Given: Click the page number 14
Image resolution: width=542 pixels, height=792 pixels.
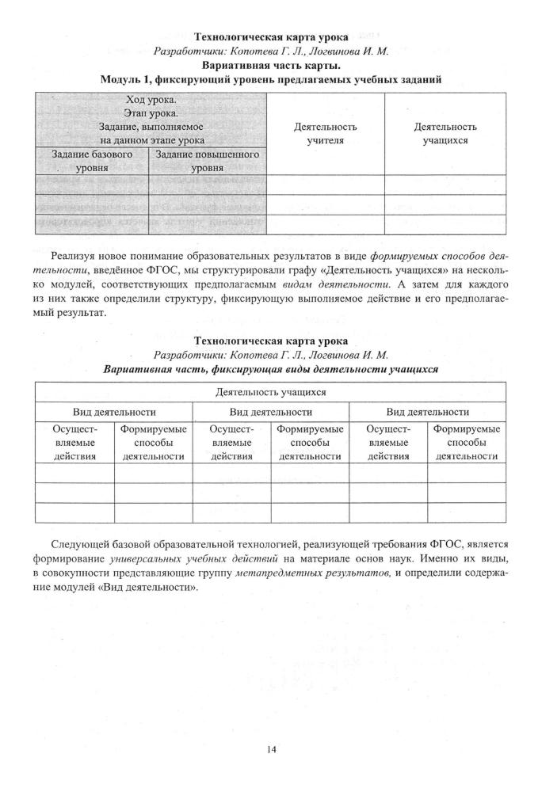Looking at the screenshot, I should coord(271,747).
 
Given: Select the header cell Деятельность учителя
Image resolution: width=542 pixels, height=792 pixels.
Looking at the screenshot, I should coord(325,133).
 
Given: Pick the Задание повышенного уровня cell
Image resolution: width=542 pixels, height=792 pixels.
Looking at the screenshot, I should coord(207,161).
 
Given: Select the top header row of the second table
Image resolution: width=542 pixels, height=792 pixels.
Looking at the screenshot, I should coord(271,391).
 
